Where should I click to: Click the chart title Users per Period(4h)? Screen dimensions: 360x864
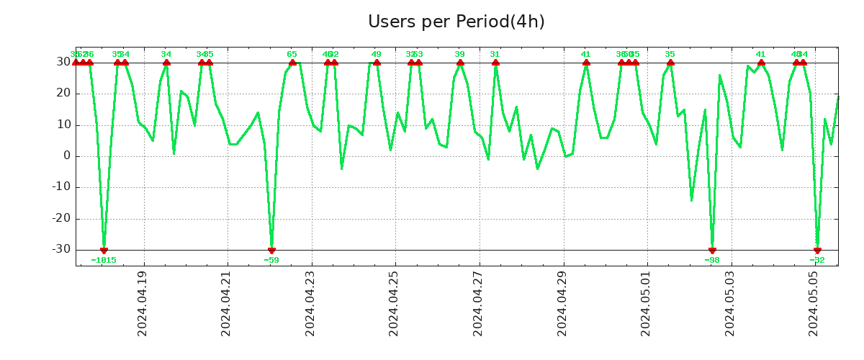[x=456, y=22]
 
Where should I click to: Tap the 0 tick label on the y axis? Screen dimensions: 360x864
[x=66, y=156]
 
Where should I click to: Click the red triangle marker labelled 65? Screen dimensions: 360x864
[x=292, y=63]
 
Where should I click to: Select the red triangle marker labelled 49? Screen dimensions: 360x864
[x=377, y=63]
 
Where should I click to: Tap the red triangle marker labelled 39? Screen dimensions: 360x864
[x=460, y=63]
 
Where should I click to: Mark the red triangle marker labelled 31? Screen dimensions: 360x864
[x=495, y=63]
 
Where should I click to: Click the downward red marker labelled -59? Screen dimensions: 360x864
[x=271, y=250]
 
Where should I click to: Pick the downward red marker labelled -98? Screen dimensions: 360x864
[x=712, y=250]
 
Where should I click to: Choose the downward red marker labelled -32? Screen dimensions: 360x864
[x=817, y=250]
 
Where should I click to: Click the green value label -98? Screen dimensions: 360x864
[x=712, y=260]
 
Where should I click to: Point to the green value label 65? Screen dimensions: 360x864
[x=292, y=54]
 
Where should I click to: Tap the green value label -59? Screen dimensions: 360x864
[x=271, y=260]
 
